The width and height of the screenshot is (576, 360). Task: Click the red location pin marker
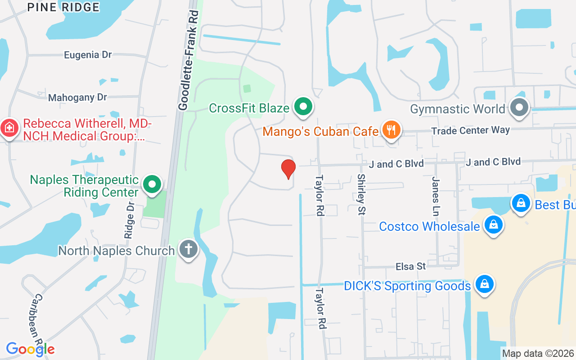(288, 169)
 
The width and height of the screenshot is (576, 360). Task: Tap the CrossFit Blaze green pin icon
(304, 107)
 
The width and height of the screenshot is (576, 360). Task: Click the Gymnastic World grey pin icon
(520, 108)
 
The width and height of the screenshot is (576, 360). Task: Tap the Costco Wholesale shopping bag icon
(494, 224)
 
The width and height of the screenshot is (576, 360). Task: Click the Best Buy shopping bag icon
(521, 203)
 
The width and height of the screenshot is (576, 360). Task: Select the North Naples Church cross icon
(189, 249)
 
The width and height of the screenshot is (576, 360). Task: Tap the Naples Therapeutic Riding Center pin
(152, 184)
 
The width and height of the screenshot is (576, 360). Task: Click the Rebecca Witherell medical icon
(9, 129)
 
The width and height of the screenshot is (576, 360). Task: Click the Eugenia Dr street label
(88, 55)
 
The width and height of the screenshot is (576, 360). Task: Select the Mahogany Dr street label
(78, 98)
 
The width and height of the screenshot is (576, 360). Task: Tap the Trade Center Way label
(470, 130)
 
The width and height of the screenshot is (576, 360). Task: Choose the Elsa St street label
(410, 266)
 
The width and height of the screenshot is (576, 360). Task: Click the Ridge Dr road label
(130, 219)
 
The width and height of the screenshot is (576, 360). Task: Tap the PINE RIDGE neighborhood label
(63, 7)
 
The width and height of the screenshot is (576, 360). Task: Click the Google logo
(30, 349)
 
